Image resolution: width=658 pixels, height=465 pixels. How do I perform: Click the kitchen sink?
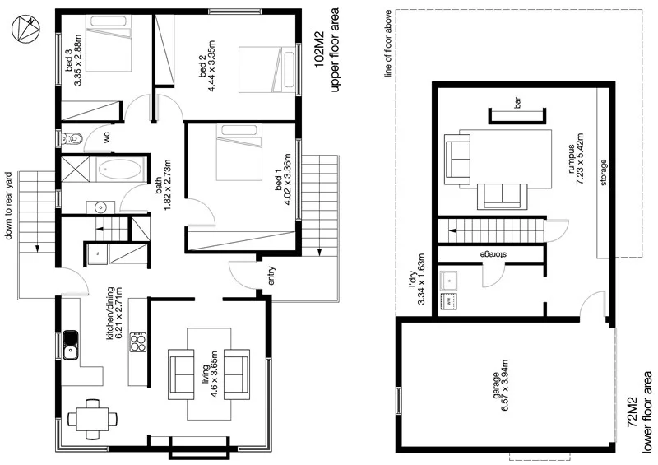click(71, 344)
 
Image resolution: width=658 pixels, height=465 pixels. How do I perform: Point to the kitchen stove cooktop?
click(137, 342)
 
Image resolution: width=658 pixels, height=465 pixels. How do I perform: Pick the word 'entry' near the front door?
click(271, 276)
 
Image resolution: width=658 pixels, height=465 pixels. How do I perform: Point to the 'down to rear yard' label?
click(9, 207)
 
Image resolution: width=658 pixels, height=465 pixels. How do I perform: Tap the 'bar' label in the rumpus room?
click(517, 104)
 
